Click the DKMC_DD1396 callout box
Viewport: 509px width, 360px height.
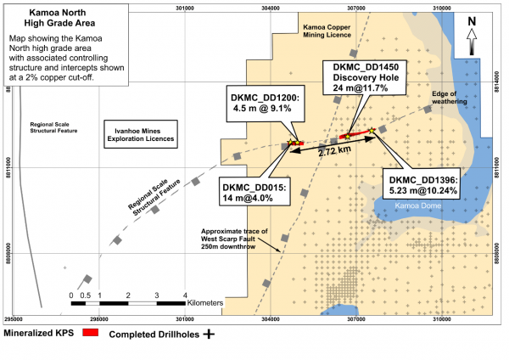click(x=422, y=186)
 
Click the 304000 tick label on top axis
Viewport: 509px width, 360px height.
click(x=270, y=8)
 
